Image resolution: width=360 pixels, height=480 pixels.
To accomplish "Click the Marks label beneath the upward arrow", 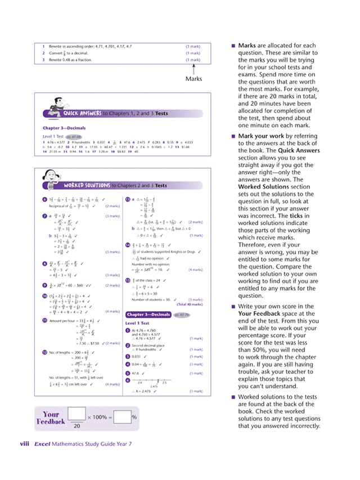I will (193, 79).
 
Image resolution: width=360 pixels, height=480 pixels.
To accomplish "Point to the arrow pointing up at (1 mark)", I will (193, 69).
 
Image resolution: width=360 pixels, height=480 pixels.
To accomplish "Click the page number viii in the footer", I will (24, 444).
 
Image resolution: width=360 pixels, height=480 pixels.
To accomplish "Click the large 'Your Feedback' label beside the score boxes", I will (50, 418).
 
